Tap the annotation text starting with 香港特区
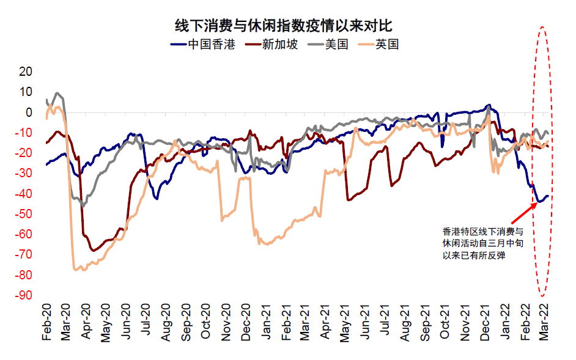coord(484,244)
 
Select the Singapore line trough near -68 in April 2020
coord(93,251)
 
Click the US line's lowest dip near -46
coord(84,206)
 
